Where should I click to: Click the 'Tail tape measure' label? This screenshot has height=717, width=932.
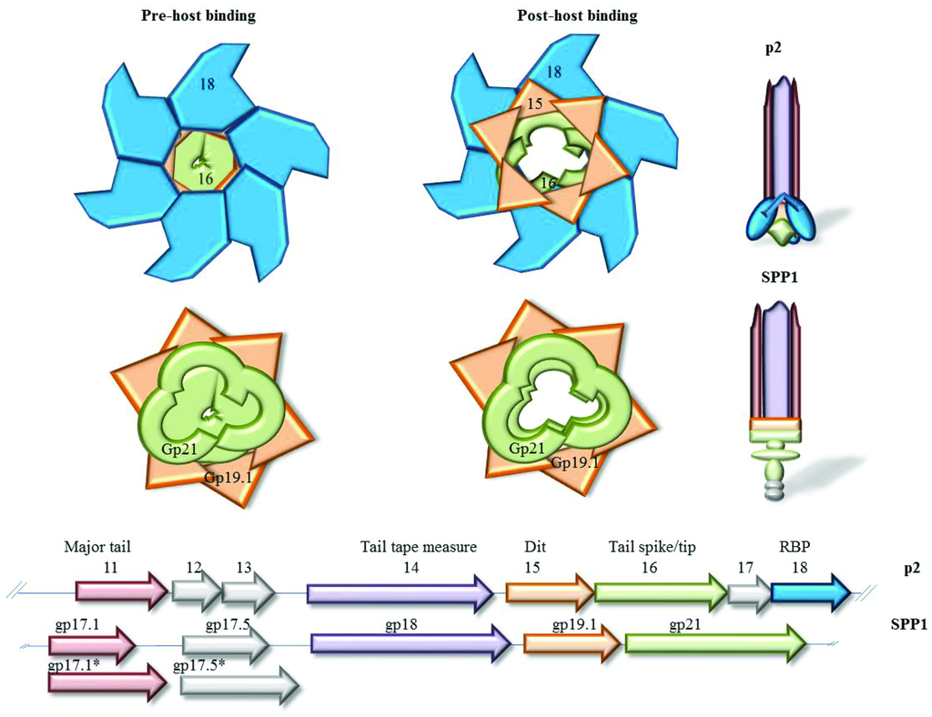(x=418, y=548)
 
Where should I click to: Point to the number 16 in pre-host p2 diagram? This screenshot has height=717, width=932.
(x=207, y=180)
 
